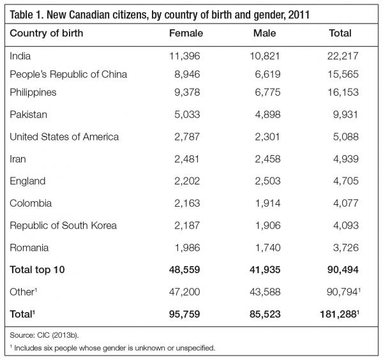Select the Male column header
[x=265, y=33]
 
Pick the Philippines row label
[x=33, y=92]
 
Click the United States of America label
[x=64, y=137]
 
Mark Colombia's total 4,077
[x=344, y=203]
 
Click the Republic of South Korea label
[x=63, y=225]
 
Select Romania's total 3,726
[x=344, y=247]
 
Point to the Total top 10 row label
[x=39, y=269]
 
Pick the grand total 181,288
[x=342, y=314]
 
